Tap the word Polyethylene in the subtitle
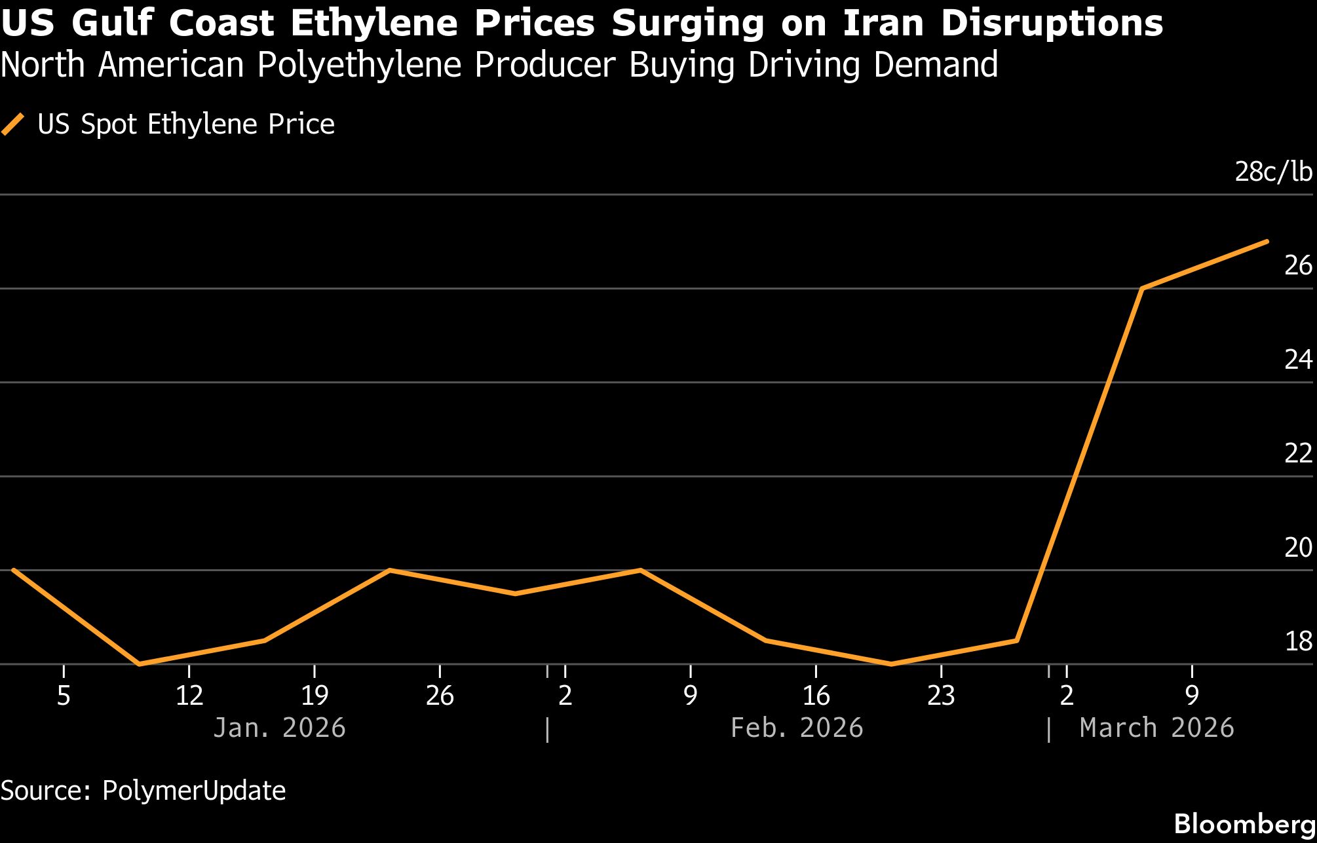click(x=359, y=65)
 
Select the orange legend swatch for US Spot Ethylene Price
click(x=13, y=124)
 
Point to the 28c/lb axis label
click(x=1273, y=172)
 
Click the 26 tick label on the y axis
click(x=1298, y=265)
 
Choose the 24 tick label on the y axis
click(x=1298, y=360)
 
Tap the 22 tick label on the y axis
click(x=1298, y=453)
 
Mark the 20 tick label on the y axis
click(x=1298, y=548)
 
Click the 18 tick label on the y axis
click(x=1298, y=642)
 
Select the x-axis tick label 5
click(x=64, y=696)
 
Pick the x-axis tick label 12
click(x=189, y=696)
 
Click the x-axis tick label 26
click(x=440, y=696)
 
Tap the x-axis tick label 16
click(x=816, y=696)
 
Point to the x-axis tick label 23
click(x=941, y=696)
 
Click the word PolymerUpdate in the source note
click(x=194, y=791)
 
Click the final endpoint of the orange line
click(x=1267, y=242)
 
